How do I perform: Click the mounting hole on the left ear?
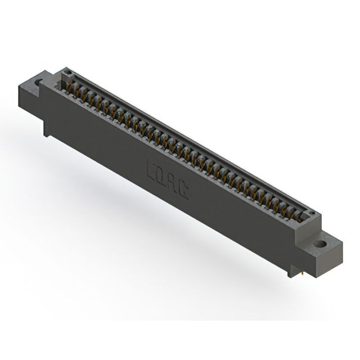tap(40, 83)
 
